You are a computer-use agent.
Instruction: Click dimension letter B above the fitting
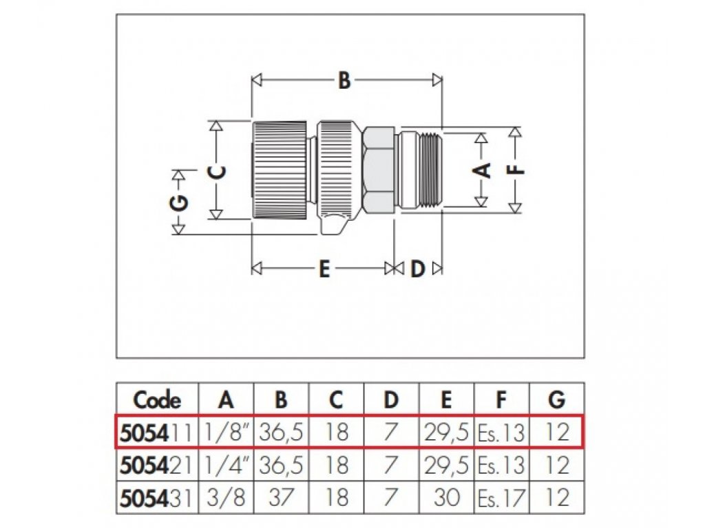pos(344,81)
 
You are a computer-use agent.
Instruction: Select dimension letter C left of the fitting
pos(217,172)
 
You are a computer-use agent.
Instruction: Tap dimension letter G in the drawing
pos(178,203)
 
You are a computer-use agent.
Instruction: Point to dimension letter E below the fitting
pos(324,269)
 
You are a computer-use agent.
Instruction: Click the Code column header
pos(157,399)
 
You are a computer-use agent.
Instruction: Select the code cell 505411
pos(157,432)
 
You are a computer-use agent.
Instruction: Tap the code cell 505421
pos(157,465)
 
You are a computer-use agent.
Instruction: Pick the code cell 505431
pos(157,498)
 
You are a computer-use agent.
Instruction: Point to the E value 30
pos(447,498)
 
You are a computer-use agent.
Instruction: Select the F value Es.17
pos(501,498)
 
